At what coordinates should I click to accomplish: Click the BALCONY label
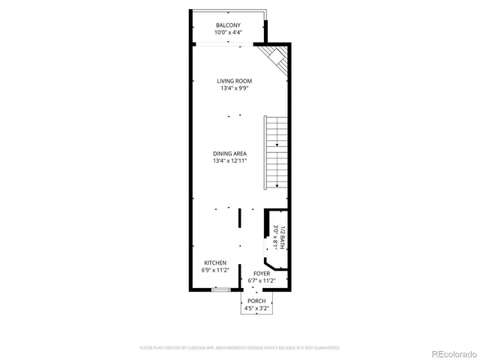[x=229, y=25]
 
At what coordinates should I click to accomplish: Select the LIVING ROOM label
[x=234, y=81]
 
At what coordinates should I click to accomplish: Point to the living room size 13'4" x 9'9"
[x=234, y=88]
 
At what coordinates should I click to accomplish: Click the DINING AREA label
[x=229, y=154]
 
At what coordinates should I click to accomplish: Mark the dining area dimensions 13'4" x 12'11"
[x=229, y=161]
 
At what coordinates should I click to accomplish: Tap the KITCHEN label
[x=214, y=262]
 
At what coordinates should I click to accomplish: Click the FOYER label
[x=262, y=274]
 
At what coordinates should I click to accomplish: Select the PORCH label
[x=256, y=301]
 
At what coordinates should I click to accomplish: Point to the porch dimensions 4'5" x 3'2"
[x=256, y=308]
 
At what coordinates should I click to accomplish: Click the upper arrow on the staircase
[x=277, y=143]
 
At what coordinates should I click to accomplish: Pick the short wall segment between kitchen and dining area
[x=239, y=218]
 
